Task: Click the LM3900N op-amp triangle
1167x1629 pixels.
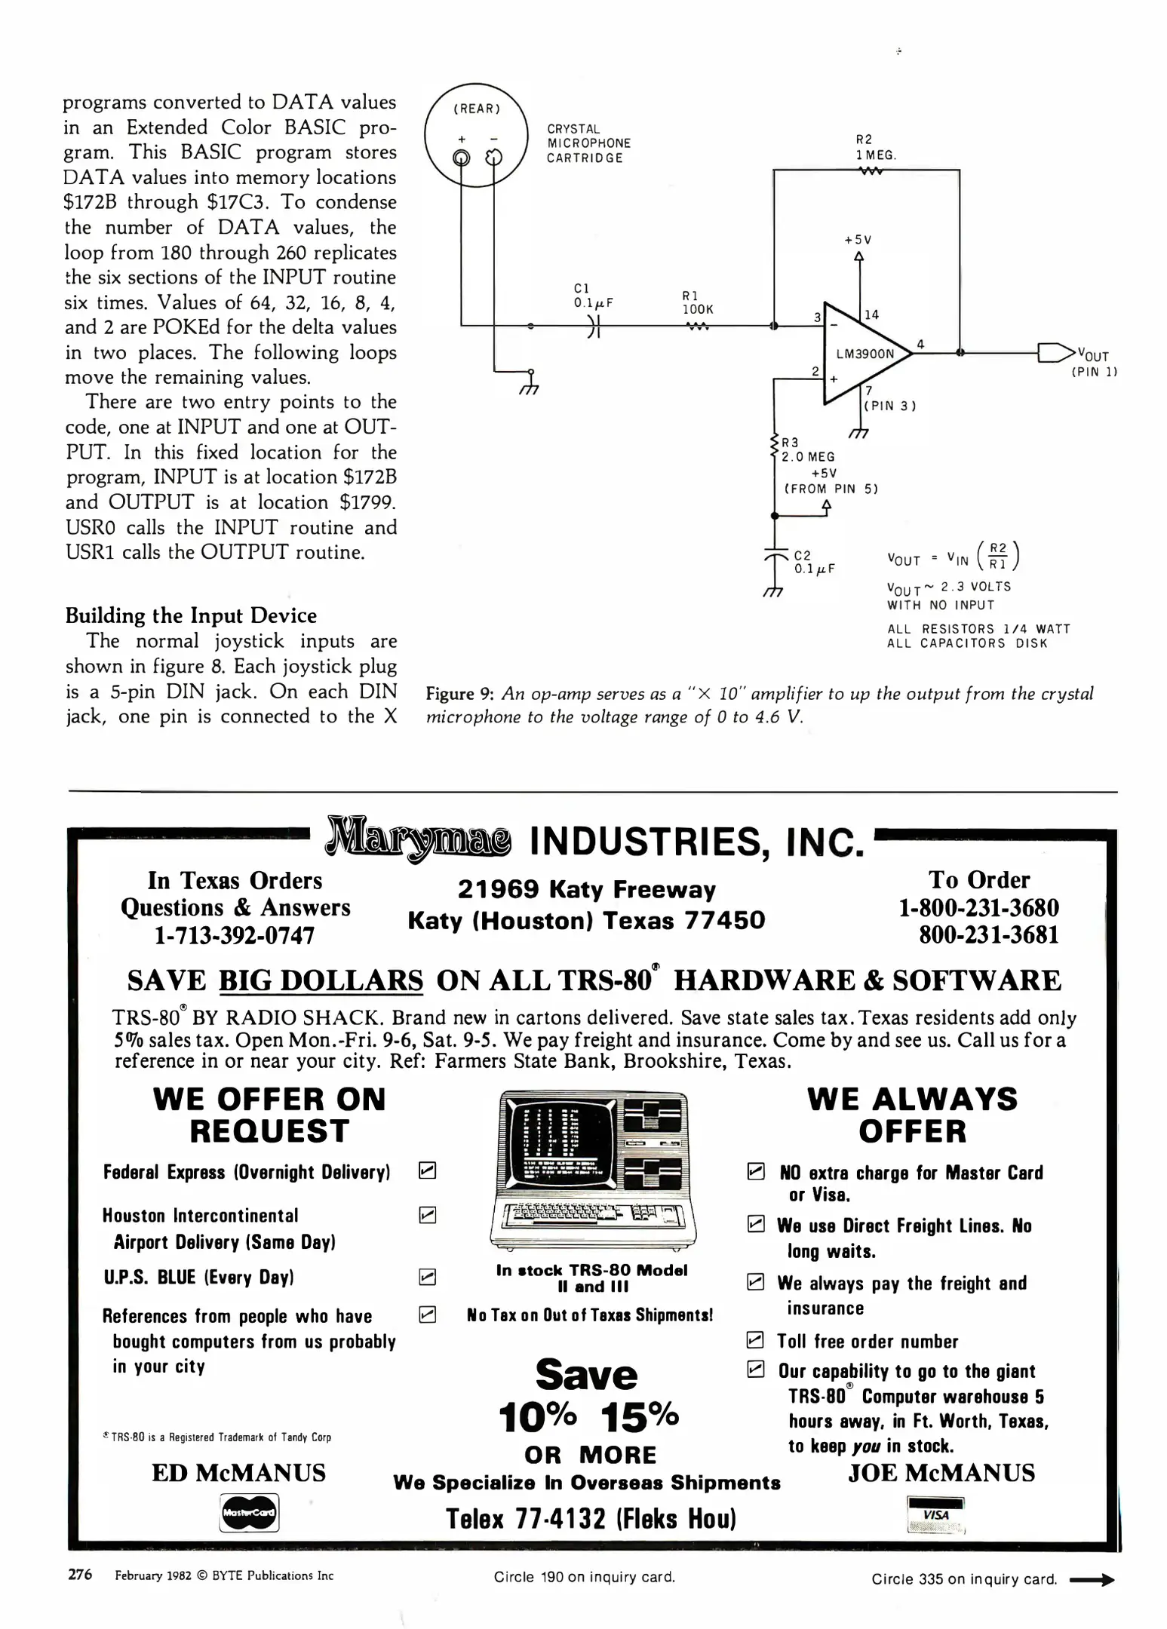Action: (864, 353)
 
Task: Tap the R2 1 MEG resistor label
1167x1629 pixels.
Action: (875, 148)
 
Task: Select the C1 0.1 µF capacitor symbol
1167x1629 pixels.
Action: (593, 326)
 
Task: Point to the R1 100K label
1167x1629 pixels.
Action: (697, 303)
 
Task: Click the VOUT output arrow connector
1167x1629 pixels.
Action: (1055, 352)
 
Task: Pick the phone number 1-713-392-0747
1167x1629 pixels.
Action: (235, 936)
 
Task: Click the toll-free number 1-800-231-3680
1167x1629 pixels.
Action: (978, 908)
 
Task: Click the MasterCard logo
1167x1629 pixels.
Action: (249, 1512)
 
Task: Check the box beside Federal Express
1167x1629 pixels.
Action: (427, 1170)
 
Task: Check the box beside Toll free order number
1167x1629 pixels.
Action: (754, 1340)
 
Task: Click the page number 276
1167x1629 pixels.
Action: (80, 1574)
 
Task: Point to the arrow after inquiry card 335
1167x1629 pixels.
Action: (1092, 1580)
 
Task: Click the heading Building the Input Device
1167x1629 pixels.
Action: (191, 615)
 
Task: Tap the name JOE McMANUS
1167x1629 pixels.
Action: (941, 1473)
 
